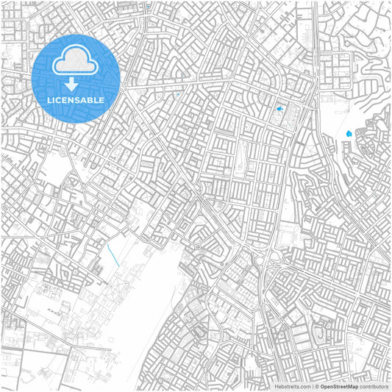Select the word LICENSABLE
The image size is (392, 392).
pos(76,100)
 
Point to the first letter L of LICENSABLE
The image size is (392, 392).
pos(49,100)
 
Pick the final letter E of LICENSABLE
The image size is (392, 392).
pos(102,100)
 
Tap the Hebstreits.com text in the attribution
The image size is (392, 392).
pos(293,386)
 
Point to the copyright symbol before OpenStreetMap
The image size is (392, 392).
pos(317,386)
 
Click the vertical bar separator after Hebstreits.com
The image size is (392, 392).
pos(312,386)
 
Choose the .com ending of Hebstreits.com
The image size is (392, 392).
pos(304,386)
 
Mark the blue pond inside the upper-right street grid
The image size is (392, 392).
pos(279,110)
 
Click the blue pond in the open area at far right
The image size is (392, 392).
pos(349,133)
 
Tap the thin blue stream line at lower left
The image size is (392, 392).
pos(113,255)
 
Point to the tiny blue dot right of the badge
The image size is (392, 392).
pos(177,94)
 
